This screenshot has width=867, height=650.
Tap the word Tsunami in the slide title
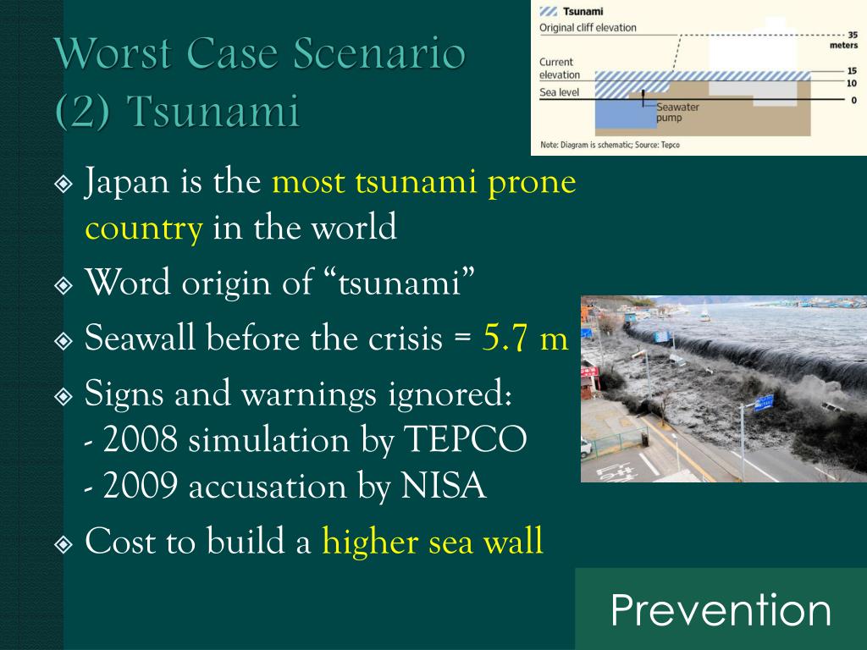(x=213, y=111)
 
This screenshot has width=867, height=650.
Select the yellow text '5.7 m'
(x=525, y=337)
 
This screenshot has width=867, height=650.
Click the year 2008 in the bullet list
(x=141, y=440)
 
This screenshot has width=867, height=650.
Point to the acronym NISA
(x=443, y=487)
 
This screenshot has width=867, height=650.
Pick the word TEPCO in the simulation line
(x=465, y=440)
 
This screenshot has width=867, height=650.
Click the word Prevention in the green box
(x=721, y=610)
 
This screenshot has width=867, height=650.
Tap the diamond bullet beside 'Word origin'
(x=64, y=285)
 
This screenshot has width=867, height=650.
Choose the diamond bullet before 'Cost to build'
(x=64, y=544)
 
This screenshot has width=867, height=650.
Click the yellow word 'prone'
(x=532, y=183)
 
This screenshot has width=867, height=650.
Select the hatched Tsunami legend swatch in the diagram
(x=548, y=12)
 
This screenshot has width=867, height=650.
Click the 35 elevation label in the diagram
(x=853, y=34)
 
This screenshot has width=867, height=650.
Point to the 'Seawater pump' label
(x=677, y=113)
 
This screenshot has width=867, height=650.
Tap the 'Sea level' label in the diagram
(x=559, y=92)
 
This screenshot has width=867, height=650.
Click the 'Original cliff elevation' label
(x=588, y=28)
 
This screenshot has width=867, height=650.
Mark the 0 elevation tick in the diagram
(x=853, y=100)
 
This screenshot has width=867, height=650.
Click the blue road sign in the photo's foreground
(x=765, y=403)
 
